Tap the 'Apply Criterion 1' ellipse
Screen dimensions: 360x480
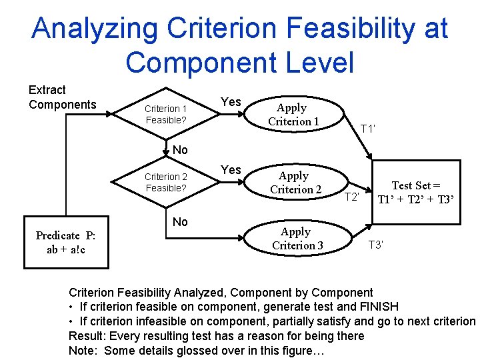click(293, 114)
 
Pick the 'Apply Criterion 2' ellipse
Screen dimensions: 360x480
click(295, 182)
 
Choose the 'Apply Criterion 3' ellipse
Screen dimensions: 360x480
click(297, 238)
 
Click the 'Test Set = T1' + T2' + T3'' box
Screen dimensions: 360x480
click(415, 192)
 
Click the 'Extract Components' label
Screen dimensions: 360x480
click(62, 97)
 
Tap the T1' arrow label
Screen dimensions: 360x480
click(368, 128)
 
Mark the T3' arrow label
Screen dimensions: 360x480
click(376, 245)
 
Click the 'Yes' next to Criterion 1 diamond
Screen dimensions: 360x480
click(231, 101)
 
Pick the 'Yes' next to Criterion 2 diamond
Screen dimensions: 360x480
click(231, 169)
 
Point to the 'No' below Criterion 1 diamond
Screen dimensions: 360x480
click(180, 149)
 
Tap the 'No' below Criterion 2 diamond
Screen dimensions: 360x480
click(180, 221)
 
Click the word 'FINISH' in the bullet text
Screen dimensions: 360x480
click(377, 307)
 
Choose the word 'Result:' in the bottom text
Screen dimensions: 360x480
click(87, 335)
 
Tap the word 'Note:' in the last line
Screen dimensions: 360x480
click(84, 350)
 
